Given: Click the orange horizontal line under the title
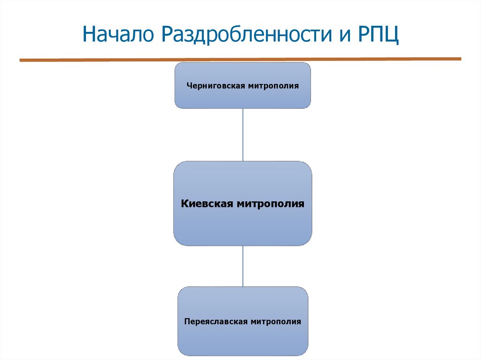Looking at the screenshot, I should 240,59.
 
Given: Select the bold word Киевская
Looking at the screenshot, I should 207,204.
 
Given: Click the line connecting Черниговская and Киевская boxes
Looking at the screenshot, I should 243,135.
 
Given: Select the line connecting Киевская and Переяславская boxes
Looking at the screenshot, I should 243,266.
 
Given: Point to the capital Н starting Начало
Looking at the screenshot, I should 90,36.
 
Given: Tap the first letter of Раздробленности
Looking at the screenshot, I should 170,36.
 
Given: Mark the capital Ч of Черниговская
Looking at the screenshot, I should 189,86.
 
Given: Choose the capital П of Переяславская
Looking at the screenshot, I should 187,322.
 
